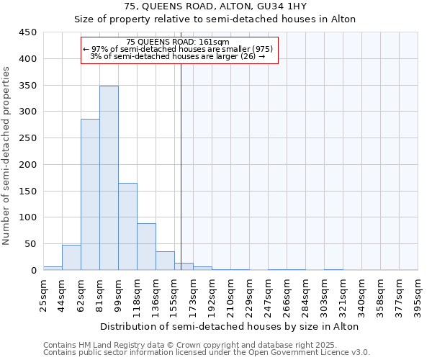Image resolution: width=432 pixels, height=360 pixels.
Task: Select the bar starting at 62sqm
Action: tap(90, 194)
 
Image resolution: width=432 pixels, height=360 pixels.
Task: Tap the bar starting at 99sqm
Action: tap(127, 227)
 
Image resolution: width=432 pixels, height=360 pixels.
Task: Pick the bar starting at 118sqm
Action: tap(146, 246)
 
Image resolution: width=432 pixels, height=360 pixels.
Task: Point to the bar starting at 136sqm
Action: tap(165, 261)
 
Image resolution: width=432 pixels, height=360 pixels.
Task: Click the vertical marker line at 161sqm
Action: tap(181, 166)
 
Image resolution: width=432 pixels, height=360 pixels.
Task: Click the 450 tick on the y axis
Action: tap(28, 32)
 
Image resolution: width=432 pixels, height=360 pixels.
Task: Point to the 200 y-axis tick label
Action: tap(28, 165)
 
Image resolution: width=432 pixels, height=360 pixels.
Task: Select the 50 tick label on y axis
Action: tap(31, 244)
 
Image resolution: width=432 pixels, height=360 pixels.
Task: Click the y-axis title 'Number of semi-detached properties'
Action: tap(8, 155)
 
